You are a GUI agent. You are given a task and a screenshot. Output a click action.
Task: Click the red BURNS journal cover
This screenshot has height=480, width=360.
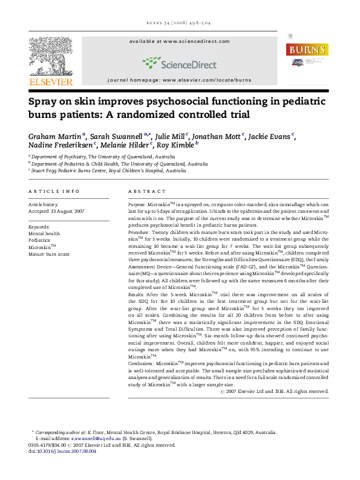tap(306, 56)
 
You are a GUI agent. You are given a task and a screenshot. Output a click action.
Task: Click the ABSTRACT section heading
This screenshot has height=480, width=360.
tap(143, 191)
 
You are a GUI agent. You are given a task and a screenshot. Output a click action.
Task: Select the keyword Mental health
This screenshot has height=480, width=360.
tap(44, 233)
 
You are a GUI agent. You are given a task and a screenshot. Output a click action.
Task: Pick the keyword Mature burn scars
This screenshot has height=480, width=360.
tap(49, 254)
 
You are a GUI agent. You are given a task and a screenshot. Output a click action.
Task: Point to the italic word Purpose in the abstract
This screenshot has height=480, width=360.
tap(137, 206)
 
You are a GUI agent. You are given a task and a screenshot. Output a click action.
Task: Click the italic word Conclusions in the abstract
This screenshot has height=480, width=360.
tap(141, 363)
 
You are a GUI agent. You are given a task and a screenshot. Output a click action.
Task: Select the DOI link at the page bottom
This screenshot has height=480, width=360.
tap(67, 451)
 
